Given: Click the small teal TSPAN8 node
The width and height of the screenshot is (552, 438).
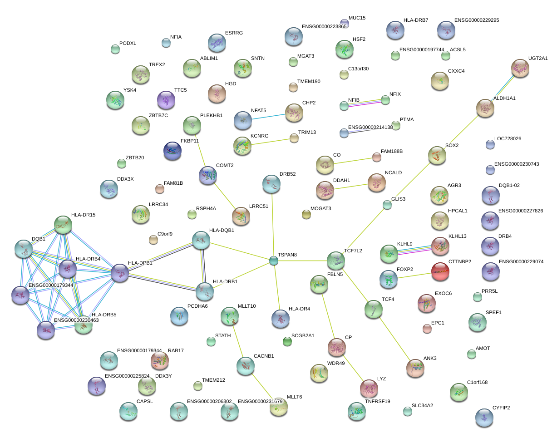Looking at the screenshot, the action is [273, 261].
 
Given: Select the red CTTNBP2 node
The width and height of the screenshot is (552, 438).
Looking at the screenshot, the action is [440, 271].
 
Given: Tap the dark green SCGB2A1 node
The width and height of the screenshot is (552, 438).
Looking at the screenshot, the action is [287, 341].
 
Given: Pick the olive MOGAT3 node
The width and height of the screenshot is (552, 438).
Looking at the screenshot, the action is [306, 214].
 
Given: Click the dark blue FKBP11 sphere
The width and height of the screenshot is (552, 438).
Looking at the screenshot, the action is [172, 151].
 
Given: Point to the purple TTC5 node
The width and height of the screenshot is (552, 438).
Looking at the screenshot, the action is [166, 100].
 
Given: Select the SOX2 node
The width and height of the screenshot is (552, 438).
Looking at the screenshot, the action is [437, 155].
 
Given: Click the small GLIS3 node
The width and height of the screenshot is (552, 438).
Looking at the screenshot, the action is [387, 205].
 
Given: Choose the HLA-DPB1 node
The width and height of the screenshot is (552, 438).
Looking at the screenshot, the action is [120, 273].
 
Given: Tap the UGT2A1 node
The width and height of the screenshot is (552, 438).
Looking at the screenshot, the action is [520, 68].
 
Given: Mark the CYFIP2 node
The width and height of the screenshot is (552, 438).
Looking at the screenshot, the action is [484, 418].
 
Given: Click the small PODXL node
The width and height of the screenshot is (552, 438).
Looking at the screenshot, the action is [115, 49].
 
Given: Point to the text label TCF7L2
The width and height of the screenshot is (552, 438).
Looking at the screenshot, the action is [353, 251].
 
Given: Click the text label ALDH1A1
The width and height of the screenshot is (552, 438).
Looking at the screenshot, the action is [504, 98].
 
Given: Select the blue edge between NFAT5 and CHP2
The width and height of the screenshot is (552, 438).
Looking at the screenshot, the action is [268, 117].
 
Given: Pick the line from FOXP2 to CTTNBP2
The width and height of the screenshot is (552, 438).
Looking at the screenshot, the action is [414, 276].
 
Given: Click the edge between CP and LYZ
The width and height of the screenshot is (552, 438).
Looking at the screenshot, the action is [353, 368].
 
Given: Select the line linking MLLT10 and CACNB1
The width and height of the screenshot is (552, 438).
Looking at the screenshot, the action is [238, 341].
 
